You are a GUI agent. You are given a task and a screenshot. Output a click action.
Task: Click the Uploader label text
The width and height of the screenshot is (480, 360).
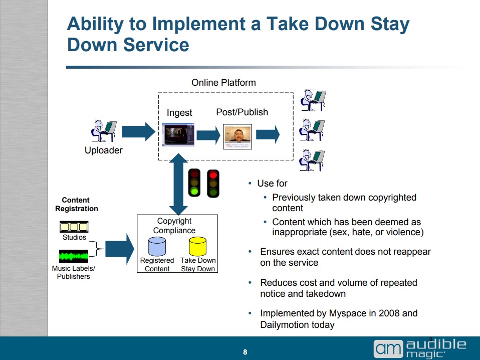click(x=104, y=150)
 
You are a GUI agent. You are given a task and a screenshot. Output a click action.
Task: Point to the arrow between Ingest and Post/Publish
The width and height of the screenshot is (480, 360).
click(x=208, y=135)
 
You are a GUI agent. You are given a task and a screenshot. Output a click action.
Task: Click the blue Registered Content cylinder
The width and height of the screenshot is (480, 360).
click(x=157, y=246)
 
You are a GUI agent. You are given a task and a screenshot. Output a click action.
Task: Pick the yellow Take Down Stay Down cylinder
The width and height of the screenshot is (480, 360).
click(x=198, y=246)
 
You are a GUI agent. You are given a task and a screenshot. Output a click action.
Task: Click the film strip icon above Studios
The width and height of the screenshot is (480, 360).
click(x=74, y=227)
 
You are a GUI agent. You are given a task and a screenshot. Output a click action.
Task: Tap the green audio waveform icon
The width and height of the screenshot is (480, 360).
click(x=74, y=256)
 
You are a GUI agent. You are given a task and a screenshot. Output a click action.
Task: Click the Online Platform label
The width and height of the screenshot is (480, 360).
click(x=223, y=83)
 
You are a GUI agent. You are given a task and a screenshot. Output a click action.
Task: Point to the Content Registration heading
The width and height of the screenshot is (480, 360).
click(x=76, y=205)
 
